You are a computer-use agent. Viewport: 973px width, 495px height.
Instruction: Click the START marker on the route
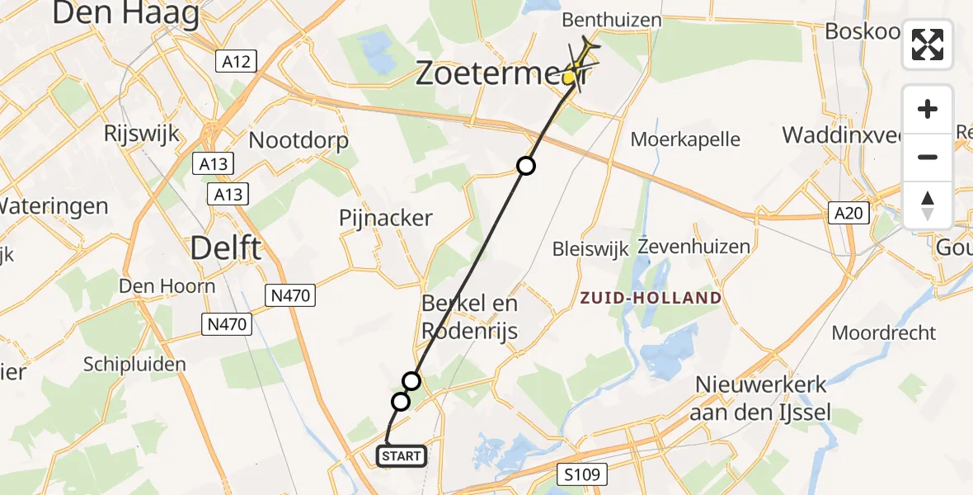point(402,456)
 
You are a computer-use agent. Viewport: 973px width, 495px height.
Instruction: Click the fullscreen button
point(928,45)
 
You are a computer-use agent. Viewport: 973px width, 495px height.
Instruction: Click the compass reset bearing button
point(928,205)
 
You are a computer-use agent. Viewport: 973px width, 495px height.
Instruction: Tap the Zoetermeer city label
point(501,74)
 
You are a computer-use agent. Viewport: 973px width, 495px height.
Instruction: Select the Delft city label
point(226,247)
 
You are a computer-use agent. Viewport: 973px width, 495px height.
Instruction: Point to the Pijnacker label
point(386,218)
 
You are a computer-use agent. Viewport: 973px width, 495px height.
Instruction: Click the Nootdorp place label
point(298,140)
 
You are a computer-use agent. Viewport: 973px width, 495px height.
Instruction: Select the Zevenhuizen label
point(695,247)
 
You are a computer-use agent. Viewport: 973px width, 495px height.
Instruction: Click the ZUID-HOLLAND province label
point(651,298)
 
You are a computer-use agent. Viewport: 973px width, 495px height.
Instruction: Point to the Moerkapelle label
point(685,139)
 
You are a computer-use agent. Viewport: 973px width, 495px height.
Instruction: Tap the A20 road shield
point(848,214)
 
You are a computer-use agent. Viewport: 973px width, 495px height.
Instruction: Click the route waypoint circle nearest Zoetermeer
point(526,166)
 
